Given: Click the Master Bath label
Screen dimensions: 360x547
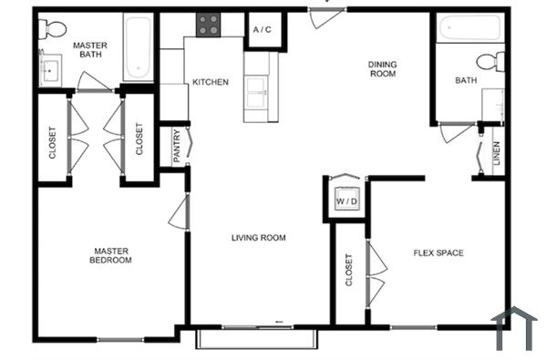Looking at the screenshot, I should point(91,49).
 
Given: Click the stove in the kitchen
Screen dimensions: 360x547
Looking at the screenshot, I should point(208,26).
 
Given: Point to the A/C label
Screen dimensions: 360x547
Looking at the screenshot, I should point(263,30).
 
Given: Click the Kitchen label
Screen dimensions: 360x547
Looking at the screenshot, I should point(210,83).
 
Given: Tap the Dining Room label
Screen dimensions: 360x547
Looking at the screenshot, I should point(382,69).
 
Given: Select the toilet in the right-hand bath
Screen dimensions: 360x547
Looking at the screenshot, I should point(496,62).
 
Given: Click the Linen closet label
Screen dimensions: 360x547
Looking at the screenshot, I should point(496,153).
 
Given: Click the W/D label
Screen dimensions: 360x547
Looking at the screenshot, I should point(346,201).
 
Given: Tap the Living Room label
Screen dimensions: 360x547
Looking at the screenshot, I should point(258,238).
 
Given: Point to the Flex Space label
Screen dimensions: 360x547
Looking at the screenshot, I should point(439,252).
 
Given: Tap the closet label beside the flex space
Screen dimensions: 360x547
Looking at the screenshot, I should point(350,270).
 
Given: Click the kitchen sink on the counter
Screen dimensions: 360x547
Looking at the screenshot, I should point(256,88).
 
